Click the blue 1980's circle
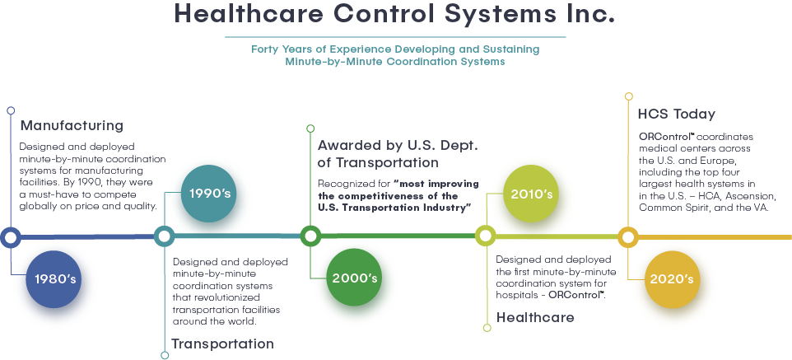pyautogui.click(x=54, y=279)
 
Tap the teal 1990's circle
pyautogui.click(x=208, y=194)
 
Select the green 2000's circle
pyautogui.click(x=355, y=278)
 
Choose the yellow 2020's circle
pyautogui.click(x=672, y=279)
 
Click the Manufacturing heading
pyautogui.click(x=72, y=125)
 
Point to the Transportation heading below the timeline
pyautogui.click(x=223, y=344)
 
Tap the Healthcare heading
pyautogui.click(x=535, y=317)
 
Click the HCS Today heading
pyautogui.click(x=677, y=114)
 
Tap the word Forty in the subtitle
pyautogui.click(x=265, y=49)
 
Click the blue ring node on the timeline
pyautogui.click(x=10, y=236)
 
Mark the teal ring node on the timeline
pyautogui.click(x=164, y=236)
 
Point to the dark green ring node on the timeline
pyautogui.click(x=310, y=236)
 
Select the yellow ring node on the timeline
pyautogui.click(x=628, y=236)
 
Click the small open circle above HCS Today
pyautogui.click(x=629, y=96)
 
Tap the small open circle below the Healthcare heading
pyautogui.click(x=487, y=328)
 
